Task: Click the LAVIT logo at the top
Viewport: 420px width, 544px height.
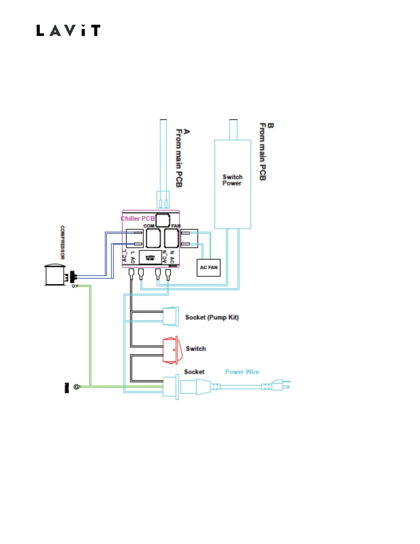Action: coord(68,31)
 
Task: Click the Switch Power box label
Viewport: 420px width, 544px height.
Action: coord(232,180)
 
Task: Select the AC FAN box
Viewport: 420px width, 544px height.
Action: coord(209,268)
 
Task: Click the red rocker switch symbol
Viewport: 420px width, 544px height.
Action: coord(170,350)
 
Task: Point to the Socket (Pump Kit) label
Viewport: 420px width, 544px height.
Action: coord(212,317)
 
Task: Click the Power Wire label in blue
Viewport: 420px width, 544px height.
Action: coord(242,372)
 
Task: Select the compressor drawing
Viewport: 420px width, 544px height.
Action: coord(55,275)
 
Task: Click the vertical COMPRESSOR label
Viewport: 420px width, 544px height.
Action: coord(62,242)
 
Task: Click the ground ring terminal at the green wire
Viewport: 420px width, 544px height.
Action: coord(77,387)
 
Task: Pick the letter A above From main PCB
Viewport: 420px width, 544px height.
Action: coord(186,132)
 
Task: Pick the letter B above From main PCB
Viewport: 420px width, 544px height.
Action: coord(270,126)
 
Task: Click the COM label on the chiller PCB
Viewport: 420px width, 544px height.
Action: coord(149,226)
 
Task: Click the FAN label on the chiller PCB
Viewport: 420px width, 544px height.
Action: coord(176,226)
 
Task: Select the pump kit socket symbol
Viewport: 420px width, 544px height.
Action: coord(171,316)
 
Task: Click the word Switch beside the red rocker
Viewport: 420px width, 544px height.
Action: coord(196,349)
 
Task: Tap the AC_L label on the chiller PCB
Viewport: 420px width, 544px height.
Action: coord(125,256)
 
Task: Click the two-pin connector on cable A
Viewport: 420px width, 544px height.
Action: coord(163,200)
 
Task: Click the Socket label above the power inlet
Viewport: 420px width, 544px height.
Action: coord(194,372)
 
